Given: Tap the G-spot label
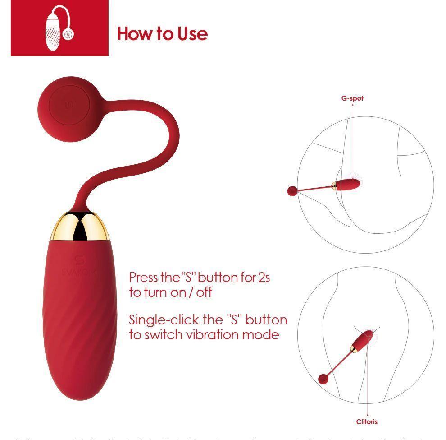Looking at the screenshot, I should (x=352, y=98).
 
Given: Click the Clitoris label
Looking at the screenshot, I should (x=367, y=422).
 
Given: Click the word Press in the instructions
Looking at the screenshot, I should (x=144, y=277).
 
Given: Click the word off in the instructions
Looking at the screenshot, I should (x=204, y=292).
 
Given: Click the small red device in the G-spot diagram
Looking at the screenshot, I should (x=348, y=184).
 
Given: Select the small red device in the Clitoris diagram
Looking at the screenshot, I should (x=363, y=340).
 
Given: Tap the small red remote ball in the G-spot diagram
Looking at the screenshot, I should (x=292, y=191).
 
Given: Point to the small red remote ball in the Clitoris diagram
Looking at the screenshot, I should (x=323, y=379).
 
